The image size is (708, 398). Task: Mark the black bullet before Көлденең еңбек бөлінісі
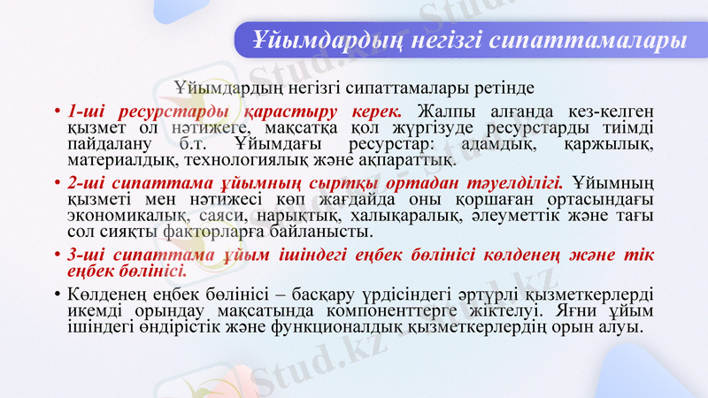[x=57, y=295]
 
